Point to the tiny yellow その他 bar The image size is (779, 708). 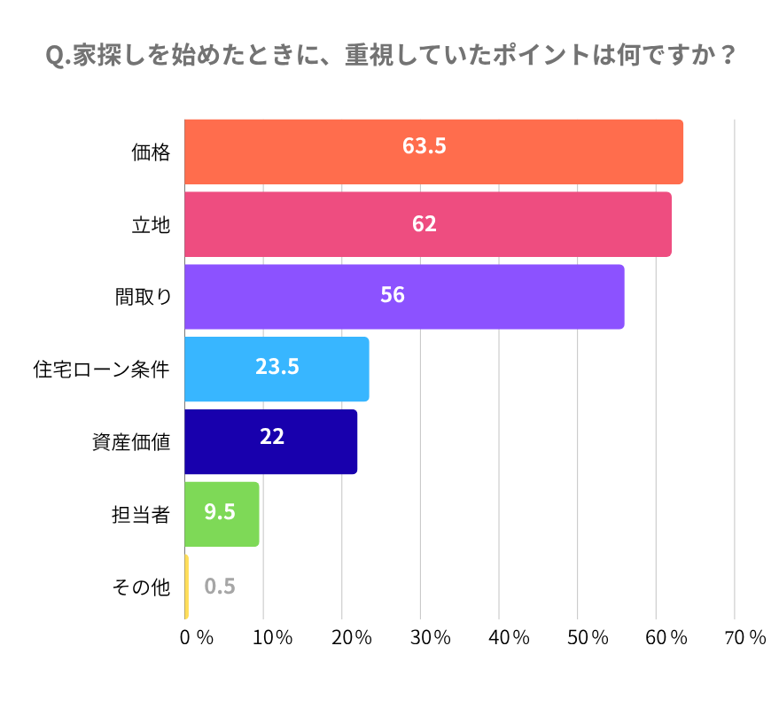(186, 587)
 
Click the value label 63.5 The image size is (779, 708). (424, 146)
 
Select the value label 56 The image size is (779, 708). (393, 296)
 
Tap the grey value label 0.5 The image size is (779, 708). (220, 587)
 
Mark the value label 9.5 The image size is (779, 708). (220, 511)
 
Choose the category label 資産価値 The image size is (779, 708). (130, 441)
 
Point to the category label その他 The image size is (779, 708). (140, 587)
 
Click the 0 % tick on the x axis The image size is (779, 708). (196, 637)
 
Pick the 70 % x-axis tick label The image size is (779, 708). (744, 637)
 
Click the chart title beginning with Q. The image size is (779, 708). (390, 56)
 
